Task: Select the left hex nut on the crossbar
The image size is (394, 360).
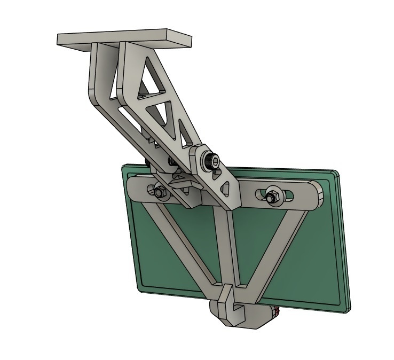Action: (158, 191)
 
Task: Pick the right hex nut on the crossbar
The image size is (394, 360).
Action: (272, 195)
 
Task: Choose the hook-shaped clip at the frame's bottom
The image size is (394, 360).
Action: (230, 299)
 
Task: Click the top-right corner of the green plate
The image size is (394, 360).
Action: (336, 174)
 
